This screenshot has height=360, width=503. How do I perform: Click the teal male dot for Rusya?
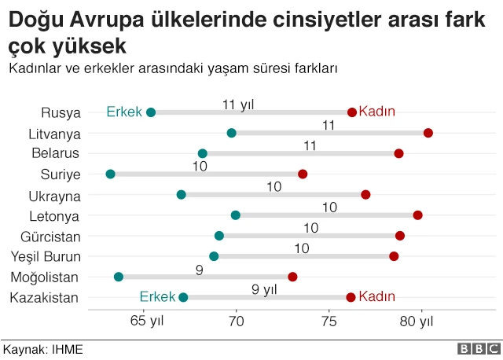(x=151, y=112)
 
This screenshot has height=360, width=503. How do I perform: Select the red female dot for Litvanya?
(x=428, y=133)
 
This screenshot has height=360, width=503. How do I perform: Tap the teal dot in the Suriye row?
(x=110, y=174)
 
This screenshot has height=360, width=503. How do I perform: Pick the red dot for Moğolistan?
(x=292, y=277)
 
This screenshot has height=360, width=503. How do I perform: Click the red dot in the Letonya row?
(x=417, y=215)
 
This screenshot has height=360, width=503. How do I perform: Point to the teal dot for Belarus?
(x=203, y=153)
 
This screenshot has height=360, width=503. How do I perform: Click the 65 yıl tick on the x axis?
(x=146, y=321)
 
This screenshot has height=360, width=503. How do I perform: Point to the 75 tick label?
(x=329, y=321)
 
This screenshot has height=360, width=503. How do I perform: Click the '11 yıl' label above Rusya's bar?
(x=238, y=104)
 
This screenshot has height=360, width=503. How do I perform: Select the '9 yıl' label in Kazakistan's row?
(x=265, y=289)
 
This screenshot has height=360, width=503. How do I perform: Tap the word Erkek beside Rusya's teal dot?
(x=124, y=112)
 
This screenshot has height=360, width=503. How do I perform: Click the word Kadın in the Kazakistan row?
(x=376, y=297)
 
